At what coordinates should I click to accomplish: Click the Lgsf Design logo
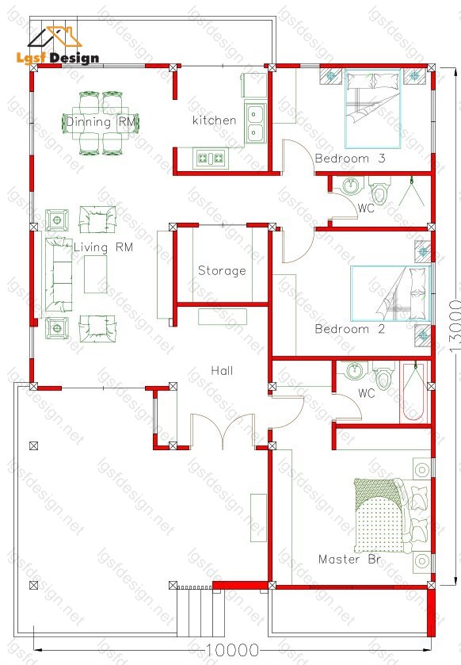click(58, 45)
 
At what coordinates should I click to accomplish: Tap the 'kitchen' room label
click(214, 120)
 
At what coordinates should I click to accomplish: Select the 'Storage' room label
click(222, 270)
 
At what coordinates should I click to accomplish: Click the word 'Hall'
click(222, 371)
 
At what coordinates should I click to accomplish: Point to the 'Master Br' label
click(349, 559)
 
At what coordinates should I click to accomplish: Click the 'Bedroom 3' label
click(350, 159)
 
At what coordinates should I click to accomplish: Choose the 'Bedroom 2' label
click(350, 329)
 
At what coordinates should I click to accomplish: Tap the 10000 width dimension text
click(232, 650)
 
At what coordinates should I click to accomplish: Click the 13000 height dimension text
click(455, 325)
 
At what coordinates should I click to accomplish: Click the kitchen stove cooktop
click(211, 159)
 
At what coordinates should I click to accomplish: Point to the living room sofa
click(59, 275)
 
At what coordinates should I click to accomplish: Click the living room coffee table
click(95, 274)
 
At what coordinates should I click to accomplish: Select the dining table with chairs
click(101, 123)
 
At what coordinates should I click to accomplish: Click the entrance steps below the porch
click(195, 612)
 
